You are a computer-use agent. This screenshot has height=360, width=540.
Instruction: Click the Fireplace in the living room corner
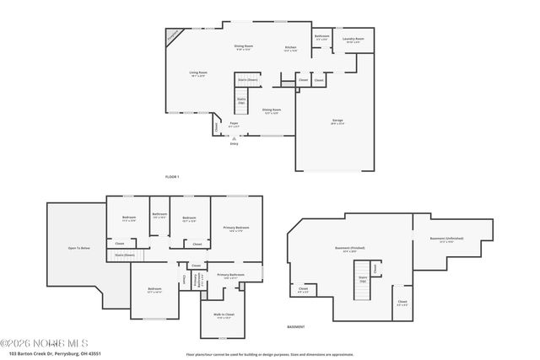point(173,36)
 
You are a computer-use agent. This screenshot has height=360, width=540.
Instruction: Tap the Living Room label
point(199,73)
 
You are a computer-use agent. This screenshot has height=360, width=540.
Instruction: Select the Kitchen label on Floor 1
point(290,47)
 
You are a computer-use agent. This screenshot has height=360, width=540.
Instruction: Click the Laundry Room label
point(353,39)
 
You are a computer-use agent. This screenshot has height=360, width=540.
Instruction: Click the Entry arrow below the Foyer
point(234,137)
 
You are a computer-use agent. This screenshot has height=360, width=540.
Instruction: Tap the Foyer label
point(234,123)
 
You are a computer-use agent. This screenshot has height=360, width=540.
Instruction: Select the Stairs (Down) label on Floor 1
point(247,80)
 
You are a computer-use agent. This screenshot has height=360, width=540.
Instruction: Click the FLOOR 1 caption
point(172,176)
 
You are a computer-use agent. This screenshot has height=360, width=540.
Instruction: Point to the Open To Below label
point(78,249)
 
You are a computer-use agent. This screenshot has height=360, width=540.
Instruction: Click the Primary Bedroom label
point(236,228)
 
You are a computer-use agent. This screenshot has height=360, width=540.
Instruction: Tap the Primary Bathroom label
point(230,275)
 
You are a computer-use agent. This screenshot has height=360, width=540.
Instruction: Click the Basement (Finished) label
point(350,249)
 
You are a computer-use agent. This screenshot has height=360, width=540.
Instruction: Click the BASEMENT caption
point(295,326)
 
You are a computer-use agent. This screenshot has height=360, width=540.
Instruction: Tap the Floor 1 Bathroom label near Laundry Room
point(321,36)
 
